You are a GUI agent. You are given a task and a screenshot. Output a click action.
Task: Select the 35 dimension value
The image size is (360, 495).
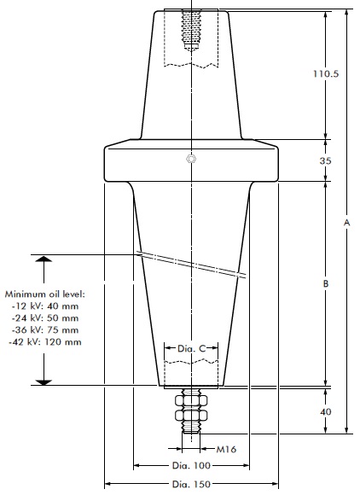(x=325, y=160)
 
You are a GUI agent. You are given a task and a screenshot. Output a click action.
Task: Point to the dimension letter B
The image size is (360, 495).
(x=325, y=282)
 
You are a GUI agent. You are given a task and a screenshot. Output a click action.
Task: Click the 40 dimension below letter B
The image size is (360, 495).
(x=325, y=412)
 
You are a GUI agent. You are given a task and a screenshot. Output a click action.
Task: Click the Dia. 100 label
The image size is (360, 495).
(x=191, y=466)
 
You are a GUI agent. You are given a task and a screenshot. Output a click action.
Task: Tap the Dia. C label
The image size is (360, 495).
(x=191, y=348)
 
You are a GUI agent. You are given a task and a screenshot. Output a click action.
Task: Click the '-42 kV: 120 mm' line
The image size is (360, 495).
(x=47, y=341)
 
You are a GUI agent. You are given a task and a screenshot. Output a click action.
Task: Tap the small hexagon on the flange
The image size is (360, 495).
(x=192, y=159)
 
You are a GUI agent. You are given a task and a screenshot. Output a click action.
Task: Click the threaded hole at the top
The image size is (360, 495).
(x=191, y=31)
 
